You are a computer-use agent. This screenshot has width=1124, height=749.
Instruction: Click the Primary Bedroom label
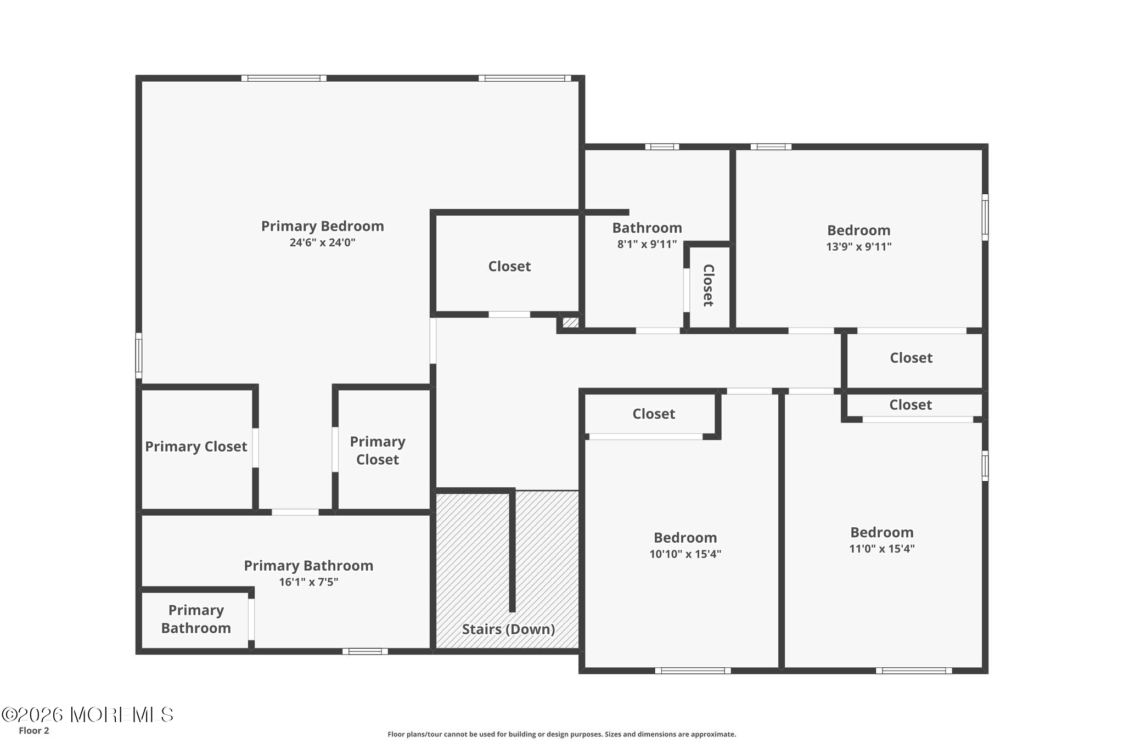click(322, 226)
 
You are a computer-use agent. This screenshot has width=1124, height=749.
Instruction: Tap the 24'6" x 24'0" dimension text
click(323, 243)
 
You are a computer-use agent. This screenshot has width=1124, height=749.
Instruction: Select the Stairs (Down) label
click(508, 629)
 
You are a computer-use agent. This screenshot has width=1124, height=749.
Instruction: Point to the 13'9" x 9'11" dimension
click(859, 246)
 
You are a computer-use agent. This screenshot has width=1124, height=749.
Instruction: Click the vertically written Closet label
click(709, 285)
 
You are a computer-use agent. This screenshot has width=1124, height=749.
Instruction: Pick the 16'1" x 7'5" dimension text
click(308, 582)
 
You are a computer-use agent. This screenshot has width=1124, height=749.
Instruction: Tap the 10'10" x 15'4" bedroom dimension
click(685, 554)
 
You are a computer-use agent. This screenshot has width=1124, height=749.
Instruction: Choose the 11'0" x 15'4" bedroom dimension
click(882, 549)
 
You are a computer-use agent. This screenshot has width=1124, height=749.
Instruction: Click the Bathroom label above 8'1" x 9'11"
click(647, 228)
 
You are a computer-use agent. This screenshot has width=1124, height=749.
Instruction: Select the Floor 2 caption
click(34, 731)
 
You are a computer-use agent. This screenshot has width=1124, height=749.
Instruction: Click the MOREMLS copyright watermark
click(87, 714)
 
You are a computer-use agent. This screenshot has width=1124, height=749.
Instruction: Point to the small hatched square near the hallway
click(570, 322)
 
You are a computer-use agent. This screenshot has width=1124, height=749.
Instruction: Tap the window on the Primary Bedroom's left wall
click(139, 356)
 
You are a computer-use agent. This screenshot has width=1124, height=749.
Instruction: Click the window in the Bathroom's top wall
click(662, 147)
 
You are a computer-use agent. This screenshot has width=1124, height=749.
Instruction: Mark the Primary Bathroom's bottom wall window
click(365, 651)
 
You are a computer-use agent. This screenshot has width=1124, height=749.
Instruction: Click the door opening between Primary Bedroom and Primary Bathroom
click(295, 512)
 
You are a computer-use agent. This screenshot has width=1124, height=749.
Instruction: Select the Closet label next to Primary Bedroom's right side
click(509, 267)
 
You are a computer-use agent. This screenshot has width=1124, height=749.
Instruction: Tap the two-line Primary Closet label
click(378, 450)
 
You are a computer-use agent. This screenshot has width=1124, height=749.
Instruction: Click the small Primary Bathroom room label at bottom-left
click(196, 619)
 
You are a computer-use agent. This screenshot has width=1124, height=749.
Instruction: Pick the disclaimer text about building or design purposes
click(561, 734)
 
